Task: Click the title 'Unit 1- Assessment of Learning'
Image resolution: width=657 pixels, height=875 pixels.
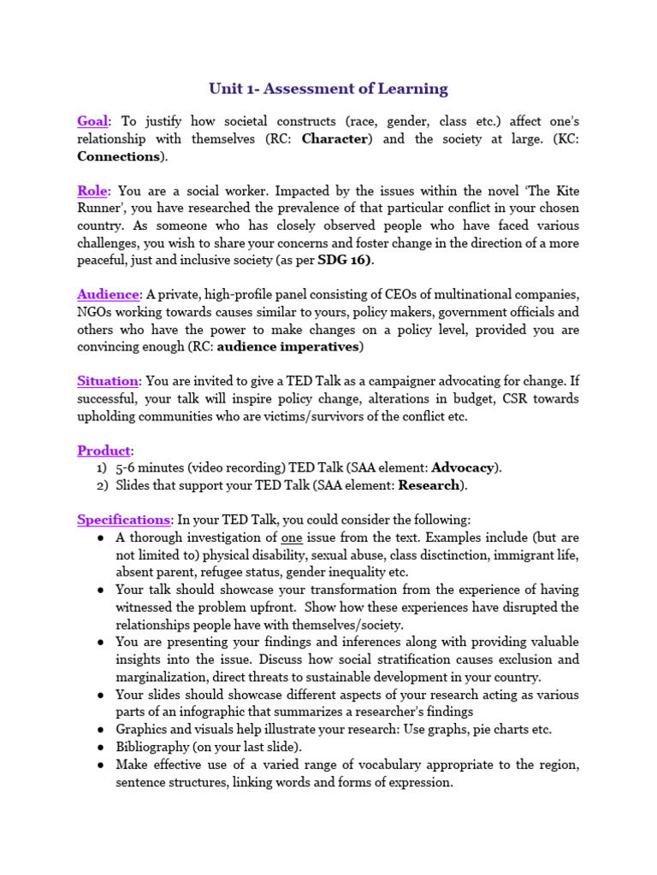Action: [328, 88]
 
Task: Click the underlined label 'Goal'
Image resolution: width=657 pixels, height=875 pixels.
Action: [93, 121]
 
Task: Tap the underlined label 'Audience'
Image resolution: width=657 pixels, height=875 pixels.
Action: [108, 294]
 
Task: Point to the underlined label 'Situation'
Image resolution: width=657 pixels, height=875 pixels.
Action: [107, 380]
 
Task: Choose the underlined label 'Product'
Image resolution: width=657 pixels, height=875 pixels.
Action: [104, 450]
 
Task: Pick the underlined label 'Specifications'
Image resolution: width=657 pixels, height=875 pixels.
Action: [123, 520]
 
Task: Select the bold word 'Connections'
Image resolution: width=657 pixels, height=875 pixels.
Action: [119, 156]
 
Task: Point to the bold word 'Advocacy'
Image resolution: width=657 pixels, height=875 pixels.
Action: [463, 467]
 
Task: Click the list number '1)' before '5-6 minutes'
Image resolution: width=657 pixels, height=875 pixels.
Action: [102, 467]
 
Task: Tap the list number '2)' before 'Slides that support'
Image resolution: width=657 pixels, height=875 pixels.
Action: [102, 485]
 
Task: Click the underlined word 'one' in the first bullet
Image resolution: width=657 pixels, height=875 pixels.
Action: [292, 537]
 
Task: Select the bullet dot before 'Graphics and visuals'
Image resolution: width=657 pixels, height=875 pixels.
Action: [101, 729]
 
